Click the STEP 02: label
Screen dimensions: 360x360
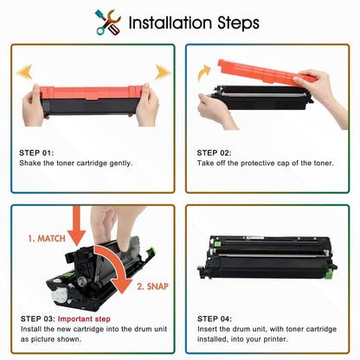(216, 153)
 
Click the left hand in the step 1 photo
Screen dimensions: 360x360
(35, 108)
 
